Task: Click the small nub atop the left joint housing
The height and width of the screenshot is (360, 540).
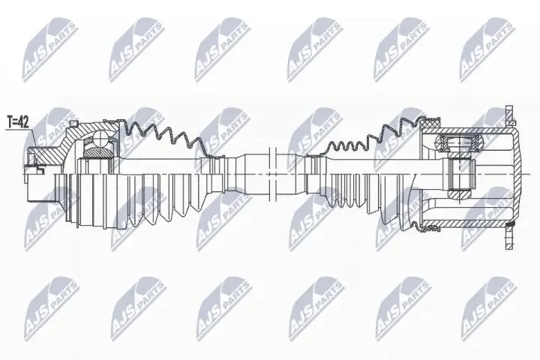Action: click(x=72, y=124)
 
